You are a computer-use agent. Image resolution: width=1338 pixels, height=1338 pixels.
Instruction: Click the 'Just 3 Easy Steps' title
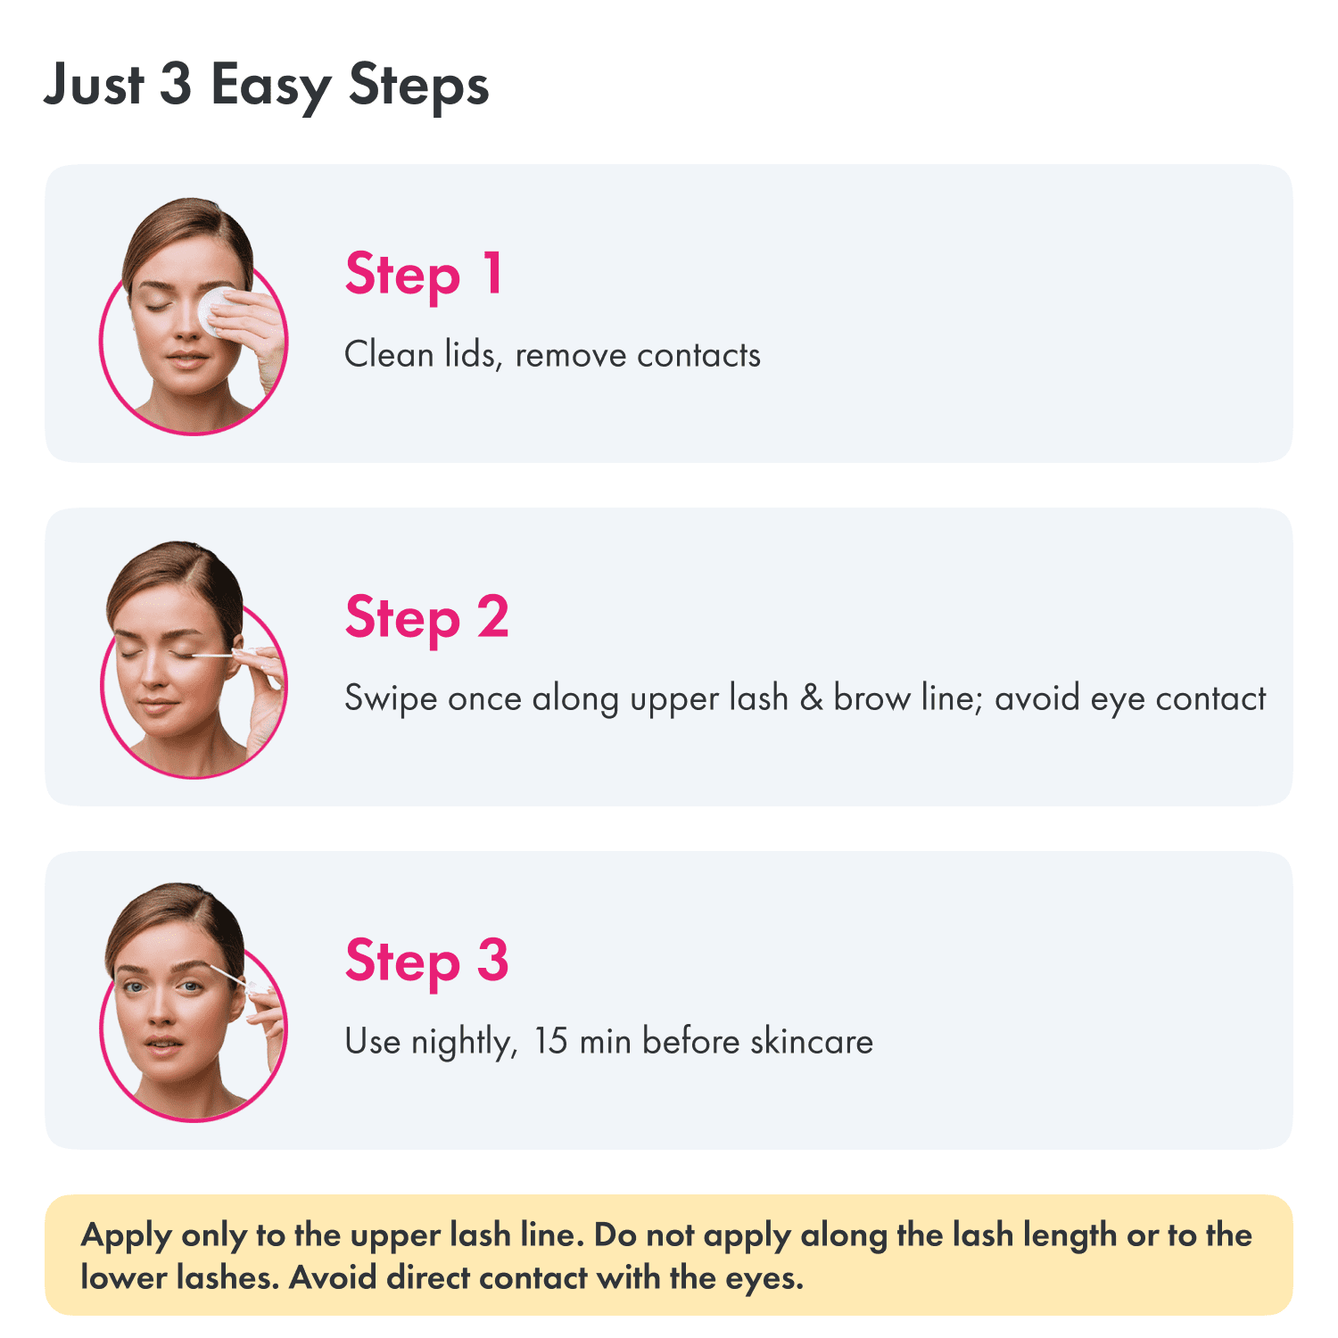click(267, 86)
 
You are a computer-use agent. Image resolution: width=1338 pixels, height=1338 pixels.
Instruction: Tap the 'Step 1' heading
click(425, 275)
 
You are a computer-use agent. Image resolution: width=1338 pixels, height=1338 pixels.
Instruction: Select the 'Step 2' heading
click(427, 617)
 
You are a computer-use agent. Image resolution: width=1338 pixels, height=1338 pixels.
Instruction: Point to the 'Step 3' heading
click(427, 961)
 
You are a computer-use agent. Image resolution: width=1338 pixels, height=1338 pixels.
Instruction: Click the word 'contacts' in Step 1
click(699, 355)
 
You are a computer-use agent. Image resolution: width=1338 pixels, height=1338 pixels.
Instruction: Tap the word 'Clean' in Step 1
click(389, 354)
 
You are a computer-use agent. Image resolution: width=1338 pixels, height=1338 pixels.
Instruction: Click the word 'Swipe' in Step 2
click(391, 699)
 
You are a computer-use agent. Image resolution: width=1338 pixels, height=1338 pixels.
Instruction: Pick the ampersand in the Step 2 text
click(811, 698)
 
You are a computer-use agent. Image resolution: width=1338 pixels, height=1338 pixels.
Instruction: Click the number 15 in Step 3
click(550, 1041)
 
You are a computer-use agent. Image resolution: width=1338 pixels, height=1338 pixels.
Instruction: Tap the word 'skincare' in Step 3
click(812, 1041)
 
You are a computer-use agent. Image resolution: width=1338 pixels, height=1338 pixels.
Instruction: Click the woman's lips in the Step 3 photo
click(162, 1044)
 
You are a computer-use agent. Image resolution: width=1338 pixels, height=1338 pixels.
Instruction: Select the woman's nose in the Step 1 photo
click(188, 323)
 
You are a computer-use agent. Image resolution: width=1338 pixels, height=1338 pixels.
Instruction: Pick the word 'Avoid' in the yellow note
click(333, 1277)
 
